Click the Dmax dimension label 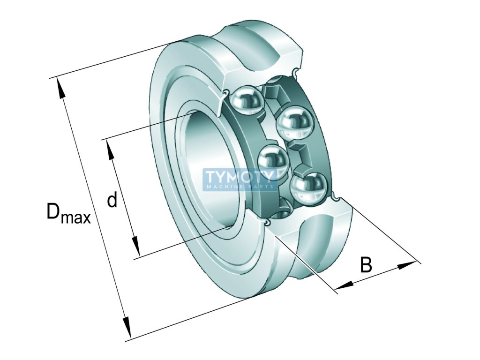[x=68, y=213]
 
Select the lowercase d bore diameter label [x=112, y=200]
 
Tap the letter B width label [x=366, y=265]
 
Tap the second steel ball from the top [x=295, y=122]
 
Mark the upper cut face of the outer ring [x=262, y=70]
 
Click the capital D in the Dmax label [x=53, y=211]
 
